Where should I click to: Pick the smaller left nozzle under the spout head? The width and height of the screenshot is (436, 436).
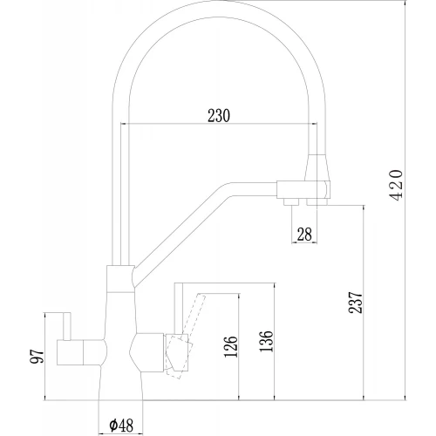289,203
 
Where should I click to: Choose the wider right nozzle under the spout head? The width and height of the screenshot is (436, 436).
319,202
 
